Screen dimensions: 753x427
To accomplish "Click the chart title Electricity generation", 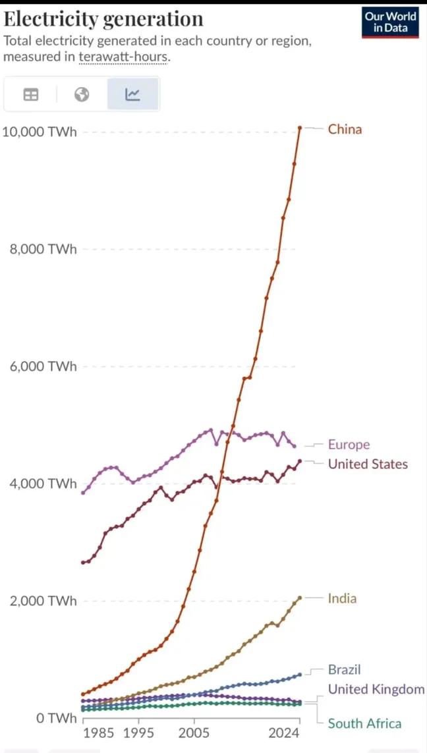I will coord(103,18).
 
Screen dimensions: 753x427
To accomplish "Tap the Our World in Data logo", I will coord(391,22).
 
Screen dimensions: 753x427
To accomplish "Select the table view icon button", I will coord(30,95).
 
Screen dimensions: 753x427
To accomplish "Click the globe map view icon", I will coord(82,95).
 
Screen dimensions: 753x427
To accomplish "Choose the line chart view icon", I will coord(132,95).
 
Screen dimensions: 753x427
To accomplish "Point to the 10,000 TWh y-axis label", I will coord(40,132).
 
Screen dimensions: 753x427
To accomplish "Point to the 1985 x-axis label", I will coord(98,733).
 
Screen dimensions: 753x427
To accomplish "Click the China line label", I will coord(345,129).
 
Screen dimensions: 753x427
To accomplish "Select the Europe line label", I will coord(349,445).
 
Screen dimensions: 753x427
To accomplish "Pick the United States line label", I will coord(368,464).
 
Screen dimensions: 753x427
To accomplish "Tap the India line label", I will coord(342,598).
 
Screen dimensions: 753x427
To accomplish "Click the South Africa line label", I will coord(364,723).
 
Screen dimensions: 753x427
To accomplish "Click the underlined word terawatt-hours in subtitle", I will coord(123,57).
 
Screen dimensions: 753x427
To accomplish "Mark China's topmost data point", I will coord(300,127).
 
